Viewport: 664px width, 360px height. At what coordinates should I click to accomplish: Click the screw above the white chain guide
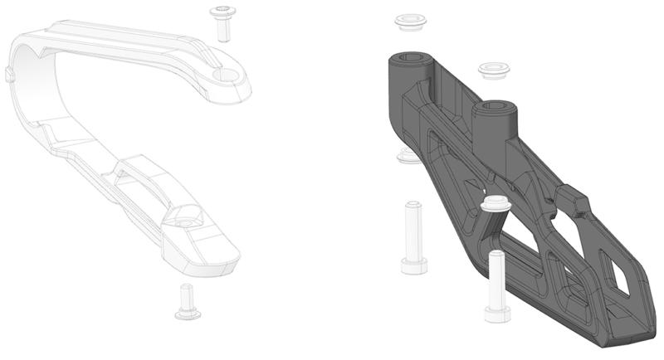pyautogui.click(x=222, y=22)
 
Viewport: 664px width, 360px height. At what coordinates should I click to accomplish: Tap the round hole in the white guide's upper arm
pyautogui.click(x=225, y=75)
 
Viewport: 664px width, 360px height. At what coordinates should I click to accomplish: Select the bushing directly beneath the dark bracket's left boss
pyautogui.click(x=408, y=155)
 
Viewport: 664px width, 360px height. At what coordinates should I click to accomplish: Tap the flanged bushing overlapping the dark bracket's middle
pyautogui.click(x=496, y=202)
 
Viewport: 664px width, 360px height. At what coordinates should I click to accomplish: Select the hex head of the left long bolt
pyautogui.click(x=414, y=265)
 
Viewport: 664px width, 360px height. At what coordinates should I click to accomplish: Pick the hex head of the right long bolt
pyautogui.click(x=497, y=314)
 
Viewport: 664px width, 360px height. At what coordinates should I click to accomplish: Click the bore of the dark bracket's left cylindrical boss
pyautogui.click(x=412, y=59)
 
